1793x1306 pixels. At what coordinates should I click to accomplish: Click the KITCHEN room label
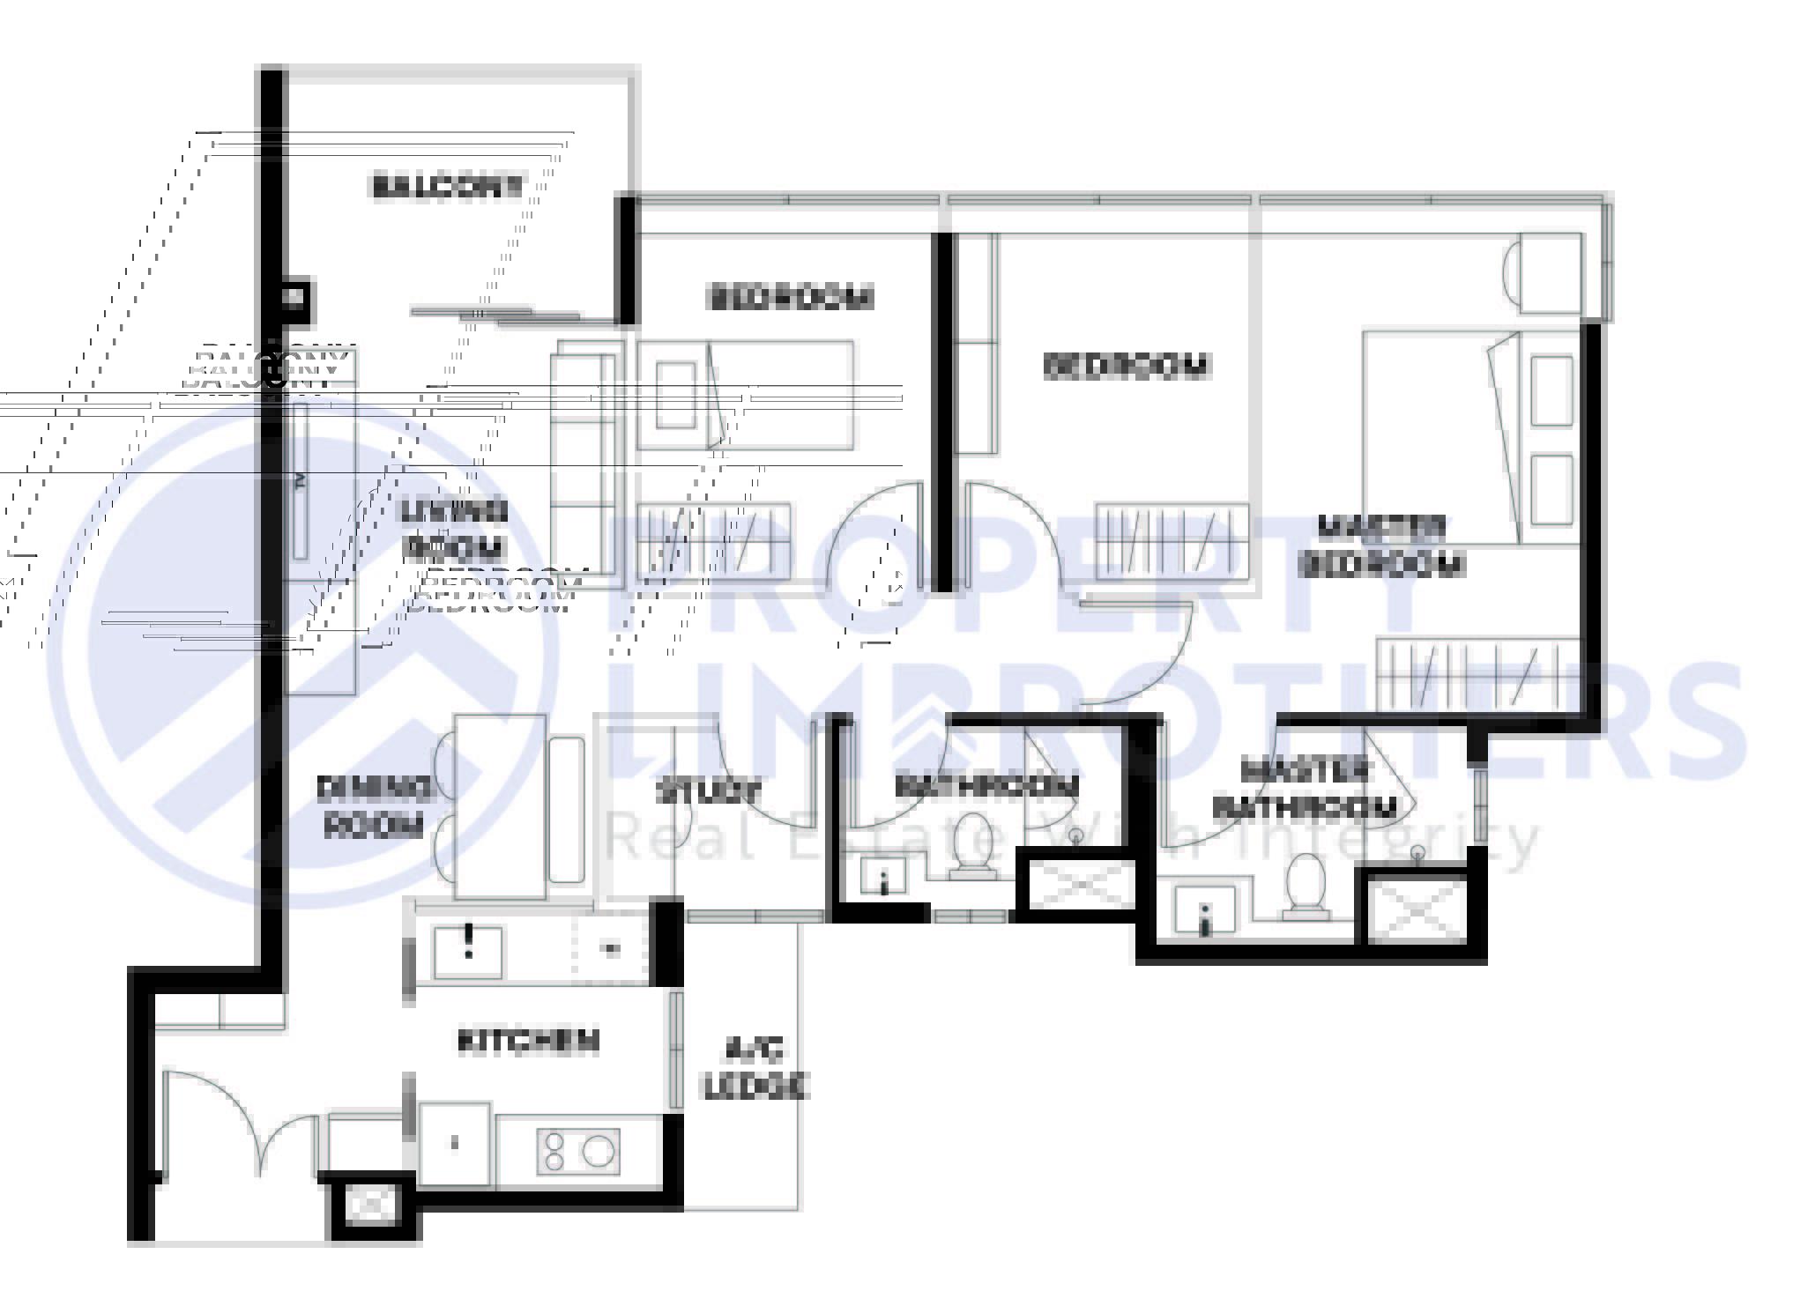pos(528,1041)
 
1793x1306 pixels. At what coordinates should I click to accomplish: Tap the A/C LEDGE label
pos(755,1067)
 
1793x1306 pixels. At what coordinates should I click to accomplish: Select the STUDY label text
pos(708,790)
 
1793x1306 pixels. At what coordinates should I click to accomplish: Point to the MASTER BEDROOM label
pos(1381,546)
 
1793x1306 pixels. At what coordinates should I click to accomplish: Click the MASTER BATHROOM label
pos(1305,789)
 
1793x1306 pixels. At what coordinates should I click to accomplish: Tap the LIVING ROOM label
pos(454,529)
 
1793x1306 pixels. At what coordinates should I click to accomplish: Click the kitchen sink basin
pos(468,953)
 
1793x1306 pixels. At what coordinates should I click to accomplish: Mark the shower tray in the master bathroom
pos(1417,907)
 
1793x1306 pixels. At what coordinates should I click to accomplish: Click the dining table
pos(500,805)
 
